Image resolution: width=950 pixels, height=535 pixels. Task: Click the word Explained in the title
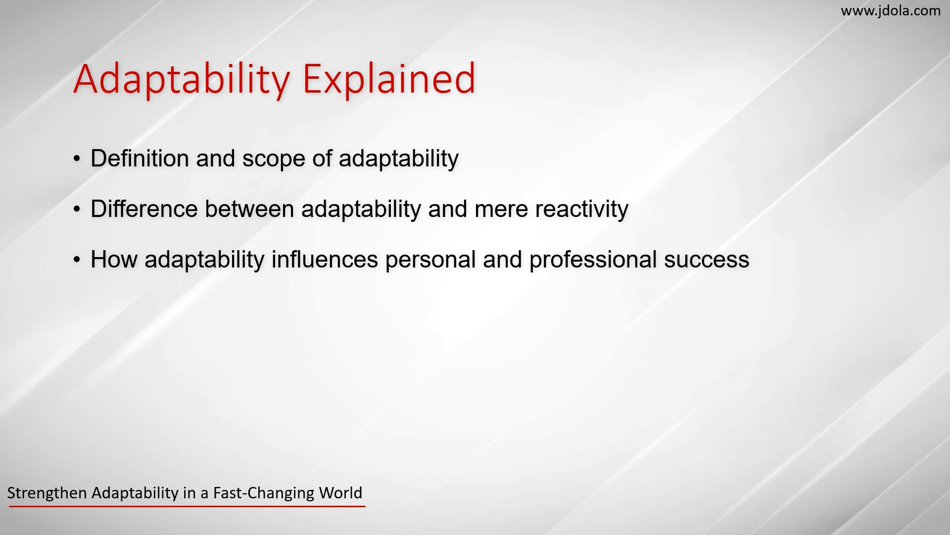(x=388, y=79)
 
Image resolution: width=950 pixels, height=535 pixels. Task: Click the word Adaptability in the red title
(x=181, y=79)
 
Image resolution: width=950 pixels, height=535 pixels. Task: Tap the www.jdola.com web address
(x=891, y=10)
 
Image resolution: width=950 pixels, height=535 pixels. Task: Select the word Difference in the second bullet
(x=143, y=209)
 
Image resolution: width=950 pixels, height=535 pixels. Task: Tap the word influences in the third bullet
(x=325, y=260)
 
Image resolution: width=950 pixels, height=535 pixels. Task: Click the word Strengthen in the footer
(x=47, y=493)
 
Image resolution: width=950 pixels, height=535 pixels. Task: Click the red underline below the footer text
(x=187, y=506)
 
